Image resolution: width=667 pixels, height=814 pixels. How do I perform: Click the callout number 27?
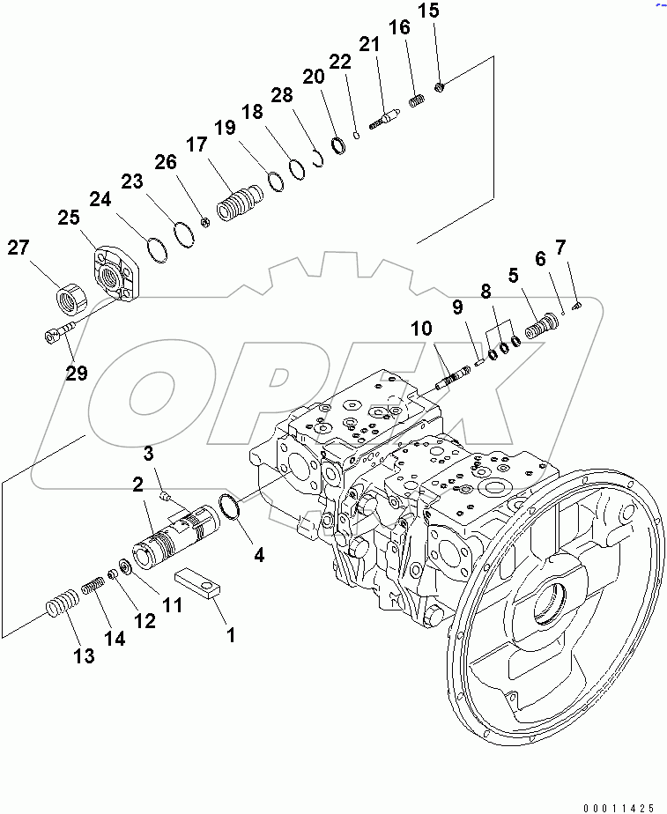coord(20,248)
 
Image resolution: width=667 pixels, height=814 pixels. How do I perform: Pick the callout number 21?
coord(367,44)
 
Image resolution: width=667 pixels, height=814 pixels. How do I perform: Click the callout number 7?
coord(561,246)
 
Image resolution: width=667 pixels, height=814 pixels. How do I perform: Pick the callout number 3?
coord(149,454)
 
